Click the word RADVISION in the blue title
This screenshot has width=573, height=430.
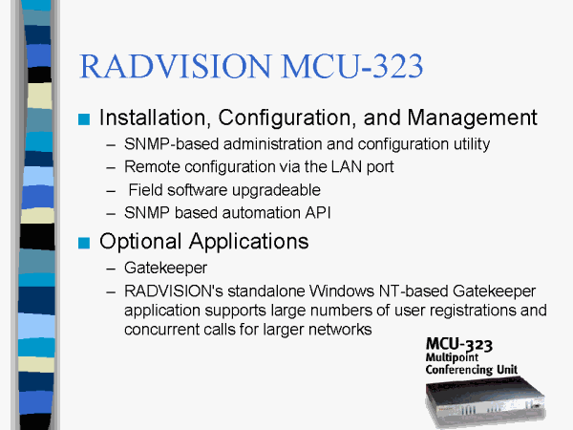pyautogui.click(x=176, y=66)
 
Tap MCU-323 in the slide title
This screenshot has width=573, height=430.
pyautogui.click(x=352, y=66)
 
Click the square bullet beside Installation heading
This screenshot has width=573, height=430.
pyautogui.click(x=84, y=119)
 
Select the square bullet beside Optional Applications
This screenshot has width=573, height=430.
pyautogui.click(x=84, y=243)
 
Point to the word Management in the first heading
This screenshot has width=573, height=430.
pyautogui.click(x=472, y=118)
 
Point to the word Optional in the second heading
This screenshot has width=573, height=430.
pyautogui.click(x=140, y=242)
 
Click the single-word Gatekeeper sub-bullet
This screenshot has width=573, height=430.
pyautogui.click(x=165, y=268)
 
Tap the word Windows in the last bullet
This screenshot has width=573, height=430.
pyautogui.click(x=342, y=291)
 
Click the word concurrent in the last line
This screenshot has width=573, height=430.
pyautogui.click(x=162, y=330)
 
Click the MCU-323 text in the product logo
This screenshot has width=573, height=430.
pyautogui.click(x=459, y=345)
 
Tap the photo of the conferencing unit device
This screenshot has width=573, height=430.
pyautogui.click(x=486, y=401)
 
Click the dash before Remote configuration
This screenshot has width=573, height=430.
pyautogui.click(x=111, y=168)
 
